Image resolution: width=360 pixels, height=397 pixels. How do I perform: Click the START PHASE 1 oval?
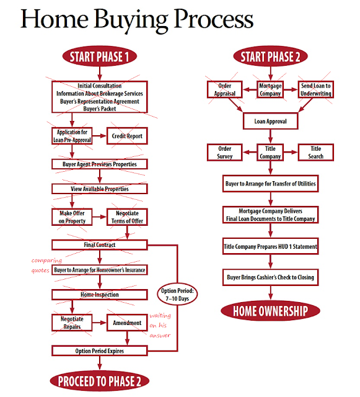(99, 56)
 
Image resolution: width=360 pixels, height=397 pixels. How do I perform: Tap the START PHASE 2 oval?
(270, 56)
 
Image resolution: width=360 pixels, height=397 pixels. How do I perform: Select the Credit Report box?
(127, 136)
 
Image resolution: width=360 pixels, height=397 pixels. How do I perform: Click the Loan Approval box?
(270, 121)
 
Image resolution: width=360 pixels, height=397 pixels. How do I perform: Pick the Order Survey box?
(225, 153)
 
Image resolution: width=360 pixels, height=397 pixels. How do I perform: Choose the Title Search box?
(316, 153)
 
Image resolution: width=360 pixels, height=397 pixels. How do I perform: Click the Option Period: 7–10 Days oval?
(177, 295)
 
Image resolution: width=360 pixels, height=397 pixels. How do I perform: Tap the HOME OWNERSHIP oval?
(270, 311)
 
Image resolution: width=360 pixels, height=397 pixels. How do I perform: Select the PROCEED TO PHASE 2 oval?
(99, 381)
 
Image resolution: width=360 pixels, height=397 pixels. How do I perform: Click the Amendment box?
(127, 323)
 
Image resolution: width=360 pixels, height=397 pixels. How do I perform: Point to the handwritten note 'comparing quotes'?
(46, 265)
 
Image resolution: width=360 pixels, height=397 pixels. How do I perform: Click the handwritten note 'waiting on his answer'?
(160, 325)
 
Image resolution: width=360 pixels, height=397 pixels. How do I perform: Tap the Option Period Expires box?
(99, 351)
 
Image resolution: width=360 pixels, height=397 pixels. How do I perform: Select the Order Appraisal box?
(225, 89)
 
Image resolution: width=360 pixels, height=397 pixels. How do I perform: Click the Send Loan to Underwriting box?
(316, 89)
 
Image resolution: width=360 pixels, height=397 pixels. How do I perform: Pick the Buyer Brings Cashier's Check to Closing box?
(270, 277)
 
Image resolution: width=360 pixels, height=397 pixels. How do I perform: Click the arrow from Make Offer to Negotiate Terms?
(99, 217)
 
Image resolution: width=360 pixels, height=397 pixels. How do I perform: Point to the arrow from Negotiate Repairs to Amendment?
(99, 323)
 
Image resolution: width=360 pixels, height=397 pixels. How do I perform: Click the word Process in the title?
(214, 19)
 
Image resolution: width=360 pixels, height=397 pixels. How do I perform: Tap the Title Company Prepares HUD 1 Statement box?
(270, 246)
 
